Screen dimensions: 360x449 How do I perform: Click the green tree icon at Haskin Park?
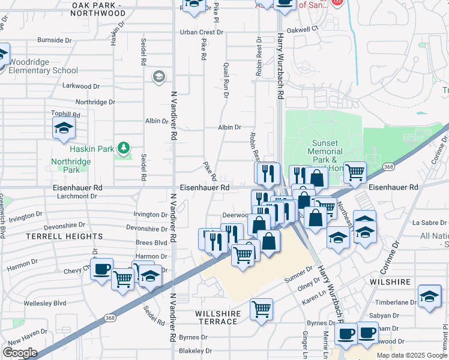click(x=123, y=147)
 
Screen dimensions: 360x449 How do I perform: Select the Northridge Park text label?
click(x=71, y=166)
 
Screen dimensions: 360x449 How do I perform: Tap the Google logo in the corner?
click(x=20, y=353)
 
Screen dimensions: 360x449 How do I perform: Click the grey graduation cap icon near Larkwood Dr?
click(x=158, y=76)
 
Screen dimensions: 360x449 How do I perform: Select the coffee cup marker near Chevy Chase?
click(x=101, y=268)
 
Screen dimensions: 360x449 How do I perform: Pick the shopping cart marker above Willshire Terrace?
click(x=261, y=310)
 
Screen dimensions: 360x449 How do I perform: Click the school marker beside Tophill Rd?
click(x=64, y=128)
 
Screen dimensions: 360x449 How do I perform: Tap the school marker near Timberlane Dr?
click(x=429, y=296)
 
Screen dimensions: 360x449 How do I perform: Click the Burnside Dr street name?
click(x=55, y=40)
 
